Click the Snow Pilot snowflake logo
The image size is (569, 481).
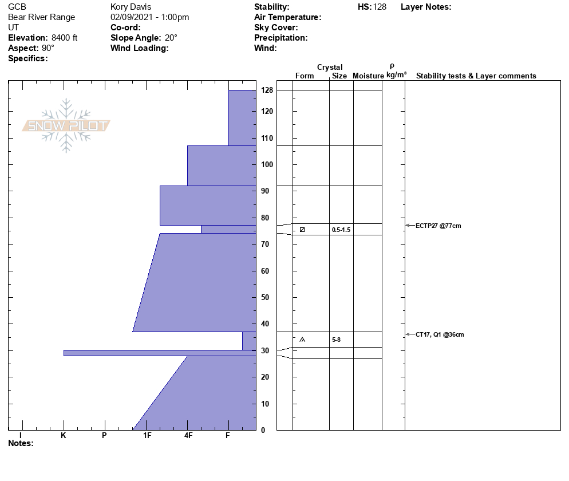[x=66, y=125]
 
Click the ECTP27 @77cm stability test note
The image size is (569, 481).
[x=438, y=226]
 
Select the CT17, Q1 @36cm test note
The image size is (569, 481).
[x=440, y=335]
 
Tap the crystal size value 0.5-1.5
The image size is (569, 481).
[x=341, y=230]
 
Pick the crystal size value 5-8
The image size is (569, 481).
[x=336, y=340]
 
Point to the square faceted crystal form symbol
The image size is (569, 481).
[x=302, y=230]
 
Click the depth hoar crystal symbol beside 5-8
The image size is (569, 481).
[x=302, y=340]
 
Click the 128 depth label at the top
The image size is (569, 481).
[x=267, y=90]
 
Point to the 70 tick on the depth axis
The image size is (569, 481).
[x=265, y=245]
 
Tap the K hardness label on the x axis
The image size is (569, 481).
[x=64, y=435]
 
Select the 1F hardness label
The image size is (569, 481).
[x=147, y=435]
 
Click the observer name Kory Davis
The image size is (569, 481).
[x=131, y=7]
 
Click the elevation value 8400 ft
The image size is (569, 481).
[x=64, y=38]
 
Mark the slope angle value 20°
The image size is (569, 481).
[x=171, y=38]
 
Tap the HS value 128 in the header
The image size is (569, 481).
[x=380, y=7]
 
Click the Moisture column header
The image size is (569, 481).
[x=368, y=76]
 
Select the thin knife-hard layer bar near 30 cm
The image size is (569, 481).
[x=160, y=353]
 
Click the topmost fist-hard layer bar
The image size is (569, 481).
[x=242, y=117]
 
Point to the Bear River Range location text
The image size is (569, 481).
[x=41, y=17]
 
